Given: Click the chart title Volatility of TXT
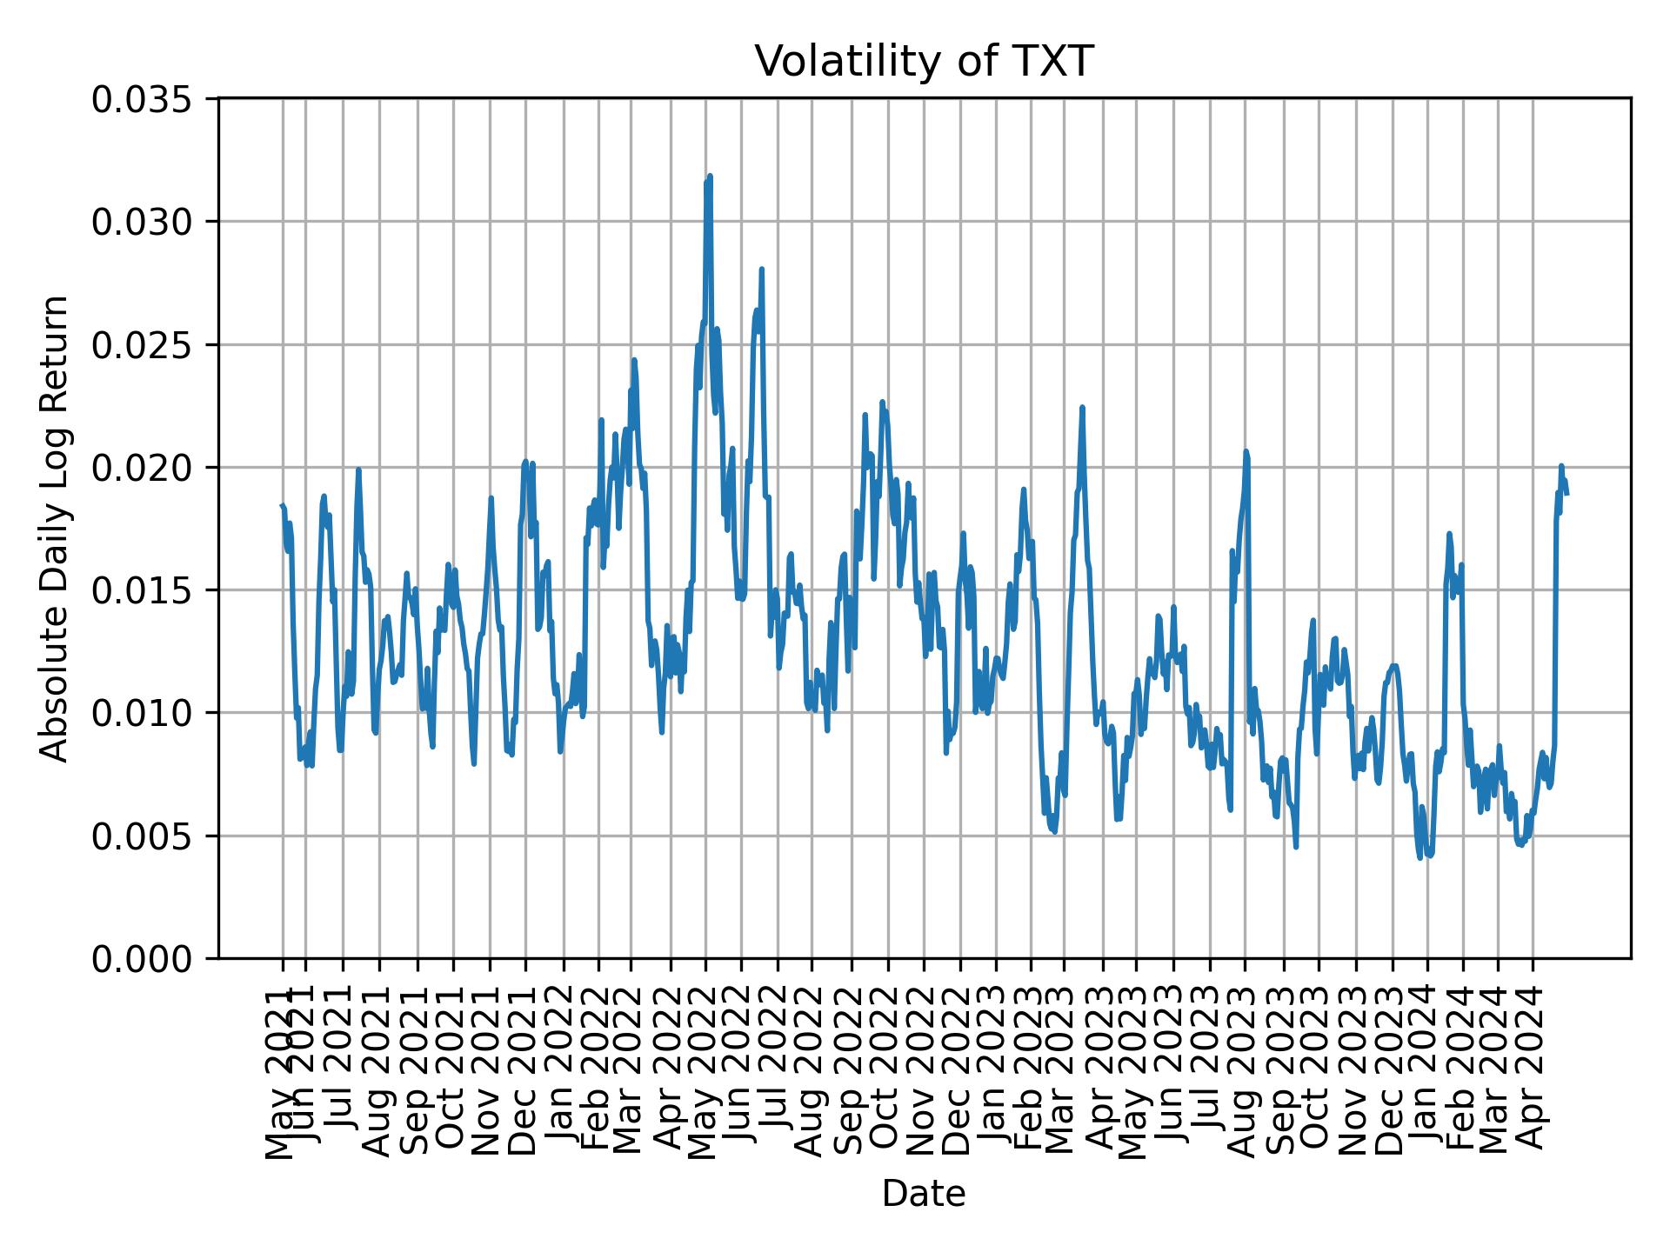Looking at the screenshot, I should [923, 62].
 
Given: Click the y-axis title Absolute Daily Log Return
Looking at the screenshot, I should [56, 528].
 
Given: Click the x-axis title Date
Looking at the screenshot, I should [923, 1194].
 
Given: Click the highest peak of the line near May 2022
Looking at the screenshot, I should [710, 176].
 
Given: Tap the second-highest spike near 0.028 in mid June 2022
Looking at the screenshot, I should [761, 270].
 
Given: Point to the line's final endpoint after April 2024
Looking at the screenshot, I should [1566, 494].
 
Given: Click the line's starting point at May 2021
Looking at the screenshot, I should [282, 505].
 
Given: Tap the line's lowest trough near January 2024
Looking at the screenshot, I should [1419, 858].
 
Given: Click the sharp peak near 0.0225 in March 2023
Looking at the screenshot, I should [1082, 407].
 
